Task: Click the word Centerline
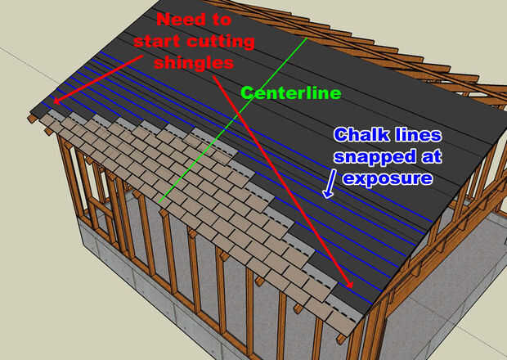(x=291, y=93)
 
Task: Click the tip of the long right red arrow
(x=352, y=287)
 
